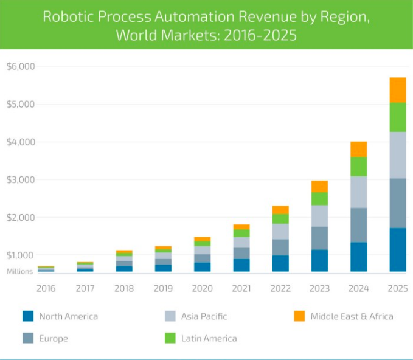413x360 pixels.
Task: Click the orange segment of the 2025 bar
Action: coord(397,90)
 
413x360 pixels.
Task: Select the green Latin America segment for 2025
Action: coord(397,117)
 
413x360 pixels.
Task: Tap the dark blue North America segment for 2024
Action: coord(358,257)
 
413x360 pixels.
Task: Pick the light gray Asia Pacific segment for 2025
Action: coord(397,155)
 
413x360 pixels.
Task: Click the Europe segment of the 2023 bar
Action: coord(319,238)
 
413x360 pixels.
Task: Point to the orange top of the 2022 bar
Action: coord(280,210)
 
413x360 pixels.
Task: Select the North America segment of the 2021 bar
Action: coord(241,265)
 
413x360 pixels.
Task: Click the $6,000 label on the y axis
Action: coord(20,66)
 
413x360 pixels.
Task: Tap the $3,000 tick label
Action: coord(20,179)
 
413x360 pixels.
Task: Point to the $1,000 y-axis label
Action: coord(20,255)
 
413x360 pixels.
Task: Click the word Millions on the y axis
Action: coord(19,272)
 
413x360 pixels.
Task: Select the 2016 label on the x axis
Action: coord(46,288)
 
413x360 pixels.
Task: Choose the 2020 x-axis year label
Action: coord(202,288)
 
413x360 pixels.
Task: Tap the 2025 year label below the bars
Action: coord(397,288)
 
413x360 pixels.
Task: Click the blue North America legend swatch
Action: coord(27,316)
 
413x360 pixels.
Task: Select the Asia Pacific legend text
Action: coord(204,316)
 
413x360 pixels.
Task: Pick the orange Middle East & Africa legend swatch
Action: coord(299,316)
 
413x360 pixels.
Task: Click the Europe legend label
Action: coord(54,338)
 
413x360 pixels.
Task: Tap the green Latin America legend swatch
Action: coord(170,338)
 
